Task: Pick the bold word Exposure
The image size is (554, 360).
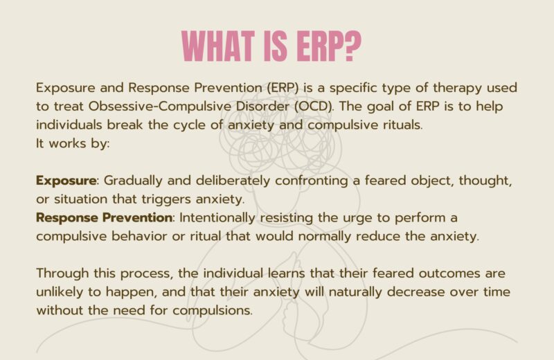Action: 66,181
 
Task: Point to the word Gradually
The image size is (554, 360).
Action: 134,181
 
